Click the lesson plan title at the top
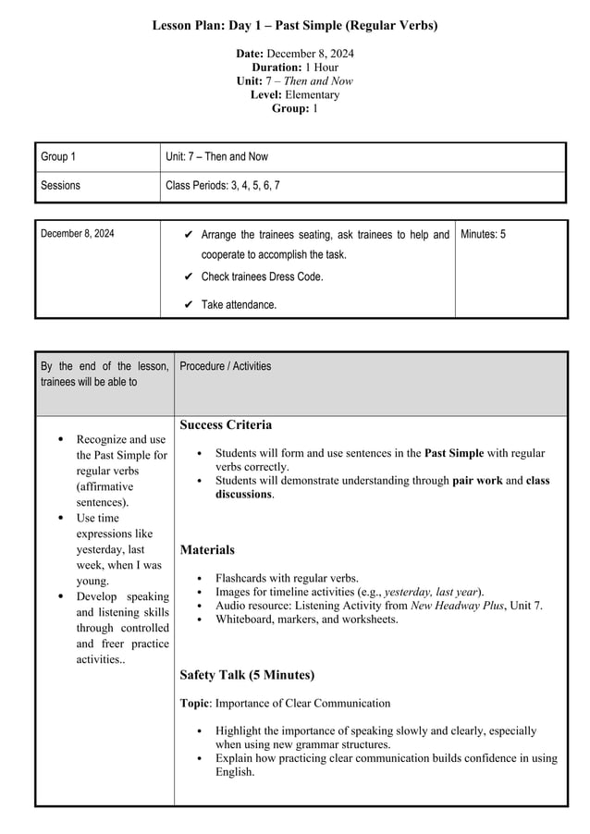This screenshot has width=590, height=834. click(x=295, y=25)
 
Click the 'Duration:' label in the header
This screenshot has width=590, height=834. click(x=277, y=67)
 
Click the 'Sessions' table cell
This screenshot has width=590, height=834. click(x=60, y=186)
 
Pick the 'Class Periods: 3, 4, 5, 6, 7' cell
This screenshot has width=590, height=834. click(x=222, y=186)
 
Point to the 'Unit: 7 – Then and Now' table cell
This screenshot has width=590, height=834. click(x=216, y=157)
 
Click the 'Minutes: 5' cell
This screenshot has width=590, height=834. click(x=483, y=235)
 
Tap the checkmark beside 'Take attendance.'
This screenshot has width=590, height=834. click(x=188, y=304)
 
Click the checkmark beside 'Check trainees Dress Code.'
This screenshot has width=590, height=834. click(x=188, y=276)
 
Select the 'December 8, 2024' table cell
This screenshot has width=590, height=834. click(x=78, y=234)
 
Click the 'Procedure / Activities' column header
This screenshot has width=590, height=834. click(x=226, y=366)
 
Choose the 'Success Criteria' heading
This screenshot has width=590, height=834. click(x=226, y=425)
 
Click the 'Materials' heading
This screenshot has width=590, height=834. click(x=207, y=550)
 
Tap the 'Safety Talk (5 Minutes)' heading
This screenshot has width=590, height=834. click(x=247, y=675)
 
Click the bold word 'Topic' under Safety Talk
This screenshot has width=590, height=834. click(x=195, y=704)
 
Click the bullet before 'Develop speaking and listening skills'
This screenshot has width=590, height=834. click(x=61, y=597)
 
